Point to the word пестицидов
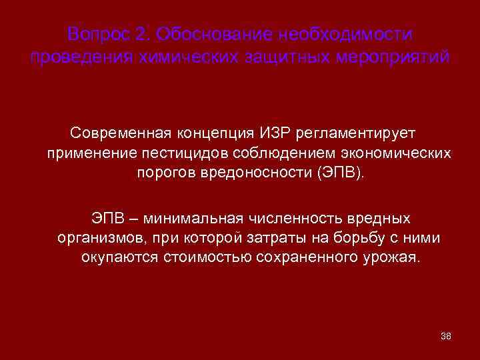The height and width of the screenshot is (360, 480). coord(183,154)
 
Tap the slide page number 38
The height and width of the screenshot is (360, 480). coord(446,335)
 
